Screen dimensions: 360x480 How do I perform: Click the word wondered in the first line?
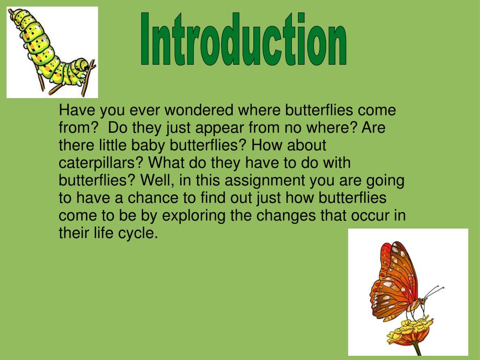199,111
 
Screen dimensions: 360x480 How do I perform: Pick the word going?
387,180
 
